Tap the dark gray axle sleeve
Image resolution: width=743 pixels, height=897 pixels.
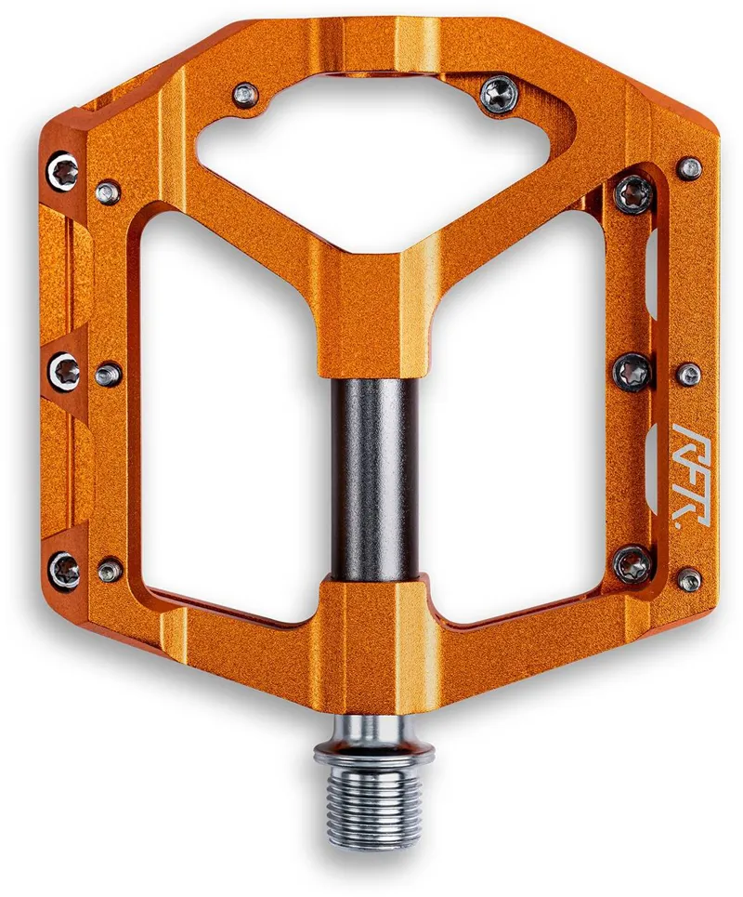tap(372, 476)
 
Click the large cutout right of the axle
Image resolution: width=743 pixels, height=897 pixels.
tap(520, 418)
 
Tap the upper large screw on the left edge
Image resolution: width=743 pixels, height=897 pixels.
tap(64, 171)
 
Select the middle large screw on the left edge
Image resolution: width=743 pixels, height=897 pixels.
tap(64, 372)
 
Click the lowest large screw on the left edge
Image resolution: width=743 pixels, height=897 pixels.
tap(64, 569)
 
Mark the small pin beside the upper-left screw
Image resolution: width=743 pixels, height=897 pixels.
tap(109, 192)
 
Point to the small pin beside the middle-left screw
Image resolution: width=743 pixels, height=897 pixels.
tap(109, 374)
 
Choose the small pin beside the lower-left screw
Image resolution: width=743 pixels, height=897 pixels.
tap(111, 569)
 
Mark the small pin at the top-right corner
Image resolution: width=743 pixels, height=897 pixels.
tap(689, 168)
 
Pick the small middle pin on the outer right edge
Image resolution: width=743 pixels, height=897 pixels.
tap(689, 375)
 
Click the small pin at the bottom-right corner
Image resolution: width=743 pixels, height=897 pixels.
tap(689, 580)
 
